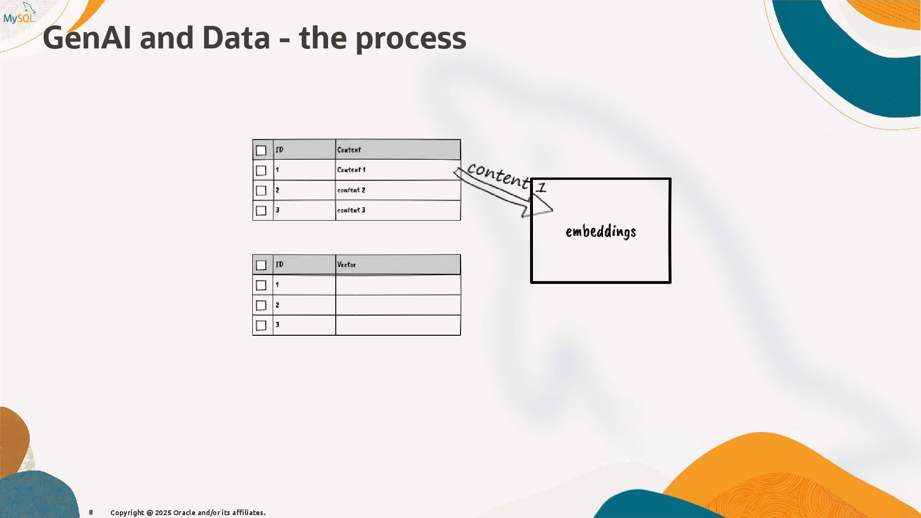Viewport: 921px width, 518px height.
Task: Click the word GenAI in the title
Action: (87, 38)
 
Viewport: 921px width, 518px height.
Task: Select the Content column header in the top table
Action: (349, 150)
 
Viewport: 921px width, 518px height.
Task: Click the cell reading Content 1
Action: (351, 170)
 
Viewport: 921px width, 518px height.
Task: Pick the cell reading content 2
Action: (351, 190)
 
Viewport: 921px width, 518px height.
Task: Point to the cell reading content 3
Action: (351, 210)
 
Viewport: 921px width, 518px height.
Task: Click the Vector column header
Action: (346, 265)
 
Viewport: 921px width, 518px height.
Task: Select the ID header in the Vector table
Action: (280, 265)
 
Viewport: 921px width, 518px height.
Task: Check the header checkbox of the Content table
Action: (261, 151)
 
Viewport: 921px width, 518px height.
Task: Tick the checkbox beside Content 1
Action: (261, 171)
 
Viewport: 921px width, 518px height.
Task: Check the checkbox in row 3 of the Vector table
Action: (261, 326)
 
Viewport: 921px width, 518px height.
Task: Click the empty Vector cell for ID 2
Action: (398, 305)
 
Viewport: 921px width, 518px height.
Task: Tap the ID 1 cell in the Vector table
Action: (304, 285)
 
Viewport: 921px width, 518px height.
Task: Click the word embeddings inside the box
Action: (601, 232)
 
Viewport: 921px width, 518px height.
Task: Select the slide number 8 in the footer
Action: (91, 512)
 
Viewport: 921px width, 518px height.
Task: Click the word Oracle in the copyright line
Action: (184, 513)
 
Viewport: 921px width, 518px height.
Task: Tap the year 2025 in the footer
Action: (163, 513)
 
